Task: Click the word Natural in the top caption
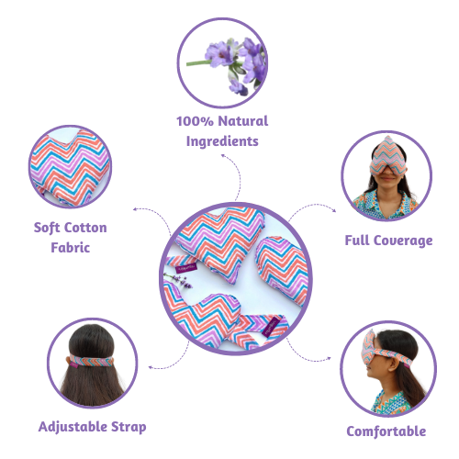pyautogui.click(x=243, y=121)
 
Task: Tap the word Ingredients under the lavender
pyautogui.click(x=222, y=141)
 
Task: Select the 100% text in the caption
pyautogui.click(x=195, y=121)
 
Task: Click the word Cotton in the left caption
pyautogui.click(x=85, y=228)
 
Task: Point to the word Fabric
pyautogui.click(x=71, y=248)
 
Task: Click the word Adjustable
pyautogui.click(x=73, y=427)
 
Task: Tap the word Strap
pyautogui.click(x=129, y=427)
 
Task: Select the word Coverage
pyautogui.click(x=403, y=241)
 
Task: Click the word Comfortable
pyautogui.click(x=386, y=431)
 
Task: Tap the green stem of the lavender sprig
pyautogui.click(x=199, y=63)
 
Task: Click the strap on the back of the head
pyautogui.click(x=92, y=360)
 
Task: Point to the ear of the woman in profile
pyautogui.click(x=394, y=364)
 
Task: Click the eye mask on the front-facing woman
pyautogui.click(x=388, y=158)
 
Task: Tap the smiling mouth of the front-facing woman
pyautogui.click(x=387, y=179)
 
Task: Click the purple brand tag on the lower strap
pyautogui.click(x=271, y=328)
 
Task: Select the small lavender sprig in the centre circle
pyautogui.click(x=179, y=280)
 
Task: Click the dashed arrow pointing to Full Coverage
pyautogui.click(x=312, y=208)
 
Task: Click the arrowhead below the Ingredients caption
pyautogui.click(x=223, y=156)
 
